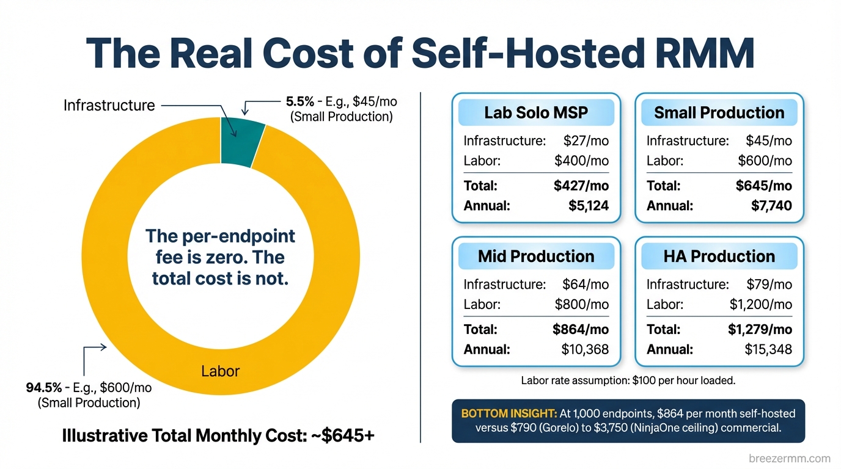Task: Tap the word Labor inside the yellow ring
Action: point(220,371)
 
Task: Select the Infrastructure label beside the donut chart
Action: point(109,106)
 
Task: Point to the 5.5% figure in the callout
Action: point(299,101)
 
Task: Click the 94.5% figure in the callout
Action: point(43,387)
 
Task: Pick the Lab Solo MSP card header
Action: point(535,113)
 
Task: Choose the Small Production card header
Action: point(719,113)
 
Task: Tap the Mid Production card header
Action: point(535,256)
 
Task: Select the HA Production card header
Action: point(719,256)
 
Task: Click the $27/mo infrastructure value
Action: point(586,141)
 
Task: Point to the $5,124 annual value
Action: point(588,206)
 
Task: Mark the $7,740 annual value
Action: point(771,206)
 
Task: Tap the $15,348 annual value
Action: point(768,350)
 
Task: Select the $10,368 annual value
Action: point(585,350)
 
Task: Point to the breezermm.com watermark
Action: point(789,458)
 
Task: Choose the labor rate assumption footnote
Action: point(628,380)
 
